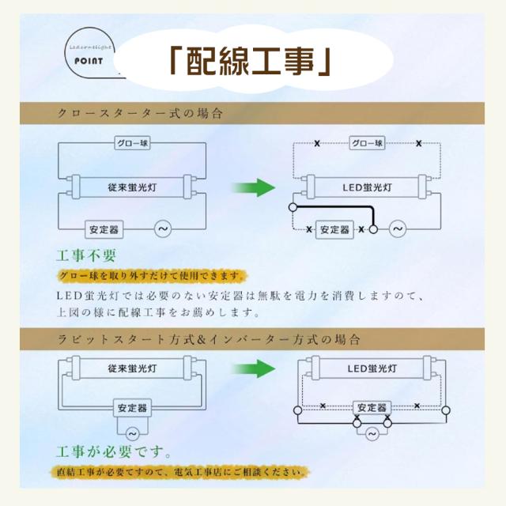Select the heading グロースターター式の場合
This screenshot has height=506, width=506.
pyautogui.click(x=140, y=114)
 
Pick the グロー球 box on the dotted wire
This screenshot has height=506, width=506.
pyautogui.click(x=367, y=144)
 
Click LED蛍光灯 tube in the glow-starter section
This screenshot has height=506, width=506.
pyautogui.click(x=367, y=188)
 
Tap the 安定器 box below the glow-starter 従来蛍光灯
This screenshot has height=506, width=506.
pyautogui.click(x=105, y=230)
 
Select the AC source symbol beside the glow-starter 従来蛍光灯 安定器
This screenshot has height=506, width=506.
pyautogui.click(x=164, y=230)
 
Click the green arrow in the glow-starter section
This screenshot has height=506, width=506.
pyautogui.click(x=253, y=188)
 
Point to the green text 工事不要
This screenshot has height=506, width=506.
pyautogui.click(x=87, y=256)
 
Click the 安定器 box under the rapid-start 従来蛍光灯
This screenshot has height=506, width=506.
pyautogui.click(x=131, y=408)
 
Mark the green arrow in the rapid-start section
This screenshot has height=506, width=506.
pyautogui.click(x=253, y=369)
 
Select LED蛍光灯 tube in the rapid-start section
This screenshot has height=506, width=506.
pyautogui.click(x=372, y=368)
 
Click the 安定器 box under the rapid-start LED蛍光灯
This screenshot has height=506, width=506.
pyautogui.click(x=372, y=408)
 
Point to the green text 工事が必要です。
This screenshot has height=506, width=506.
pyautogui.click(x=114, y=453)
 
